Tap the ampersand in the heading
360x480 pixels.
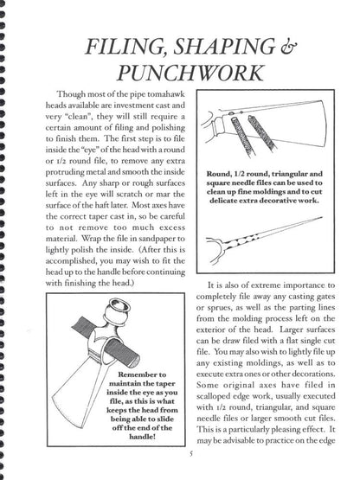pyautogui.click(x=288, y=46)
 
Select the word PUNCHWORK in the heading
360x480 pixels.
pyautogui.click(x=190, y=73)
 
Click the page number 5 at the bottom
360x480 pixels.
pyautogui.click(x=191, y=453)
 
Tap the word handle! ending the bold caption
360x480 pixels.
pyautogui.click(x=142, y=437)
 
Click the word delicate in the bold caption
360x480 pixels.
pyautogui.click(x=222, y=201)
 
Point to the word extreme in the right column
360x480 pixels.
pyautogui.click(x=264, y=285)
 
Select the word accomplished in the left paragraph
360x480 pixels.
pyautogui.click(x=65, y=261)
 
